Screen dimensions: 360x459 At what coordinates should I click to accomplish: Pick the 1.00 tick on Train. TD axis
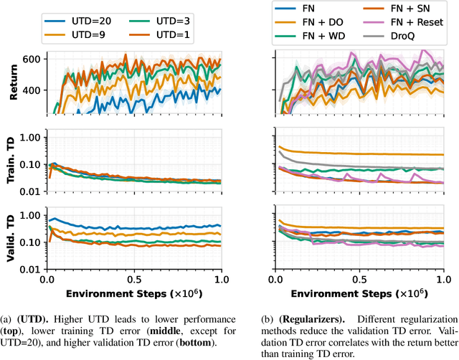tap(30, 136)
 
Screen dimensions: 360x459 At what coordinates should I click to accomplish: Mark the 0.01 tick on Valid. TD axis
tap(30, 270)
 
